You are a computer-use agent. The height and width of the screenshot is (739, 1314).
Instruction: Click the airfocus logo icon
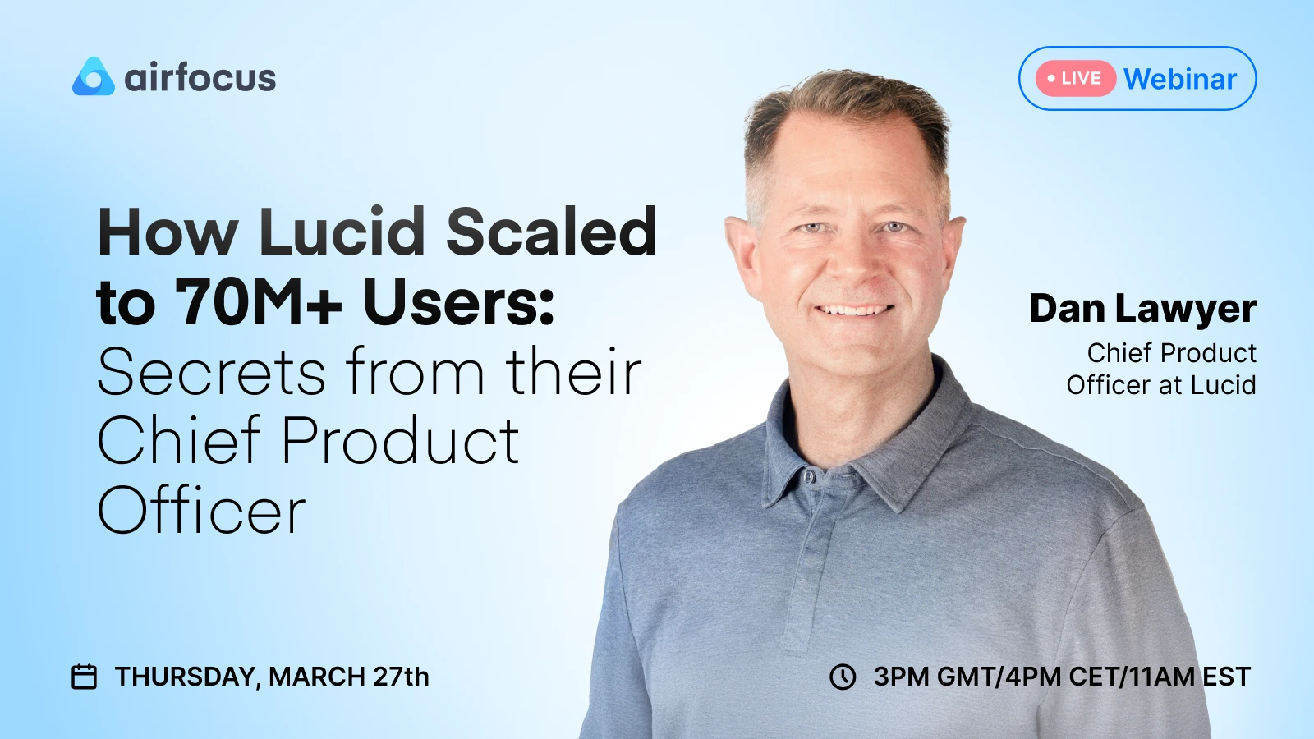93,77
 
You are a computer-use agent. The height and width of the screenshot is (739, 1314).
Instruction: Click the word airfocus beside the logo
200,78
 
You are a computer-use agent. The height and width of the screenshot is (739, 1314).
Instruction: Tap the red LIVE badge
1075,79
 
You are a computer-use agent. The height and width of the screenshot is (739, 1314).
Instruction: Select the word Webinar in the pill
1180,79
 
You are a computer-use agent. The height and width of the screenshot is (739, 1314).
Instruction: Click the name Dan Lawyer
1142,309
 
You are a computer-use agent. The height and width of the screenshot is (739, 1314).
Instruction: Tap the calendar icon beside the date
85,677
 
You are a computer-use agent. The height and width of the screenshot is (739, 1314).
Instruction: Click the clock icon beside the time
843,677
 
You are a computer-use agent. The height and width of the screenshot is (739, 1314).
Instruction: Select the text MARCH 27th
348,677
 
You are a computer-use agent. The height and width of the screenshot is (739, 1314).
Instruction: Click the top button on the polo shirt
810,476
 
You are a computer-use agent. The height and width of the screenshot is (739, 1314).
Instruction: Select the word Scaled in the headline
551,232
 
